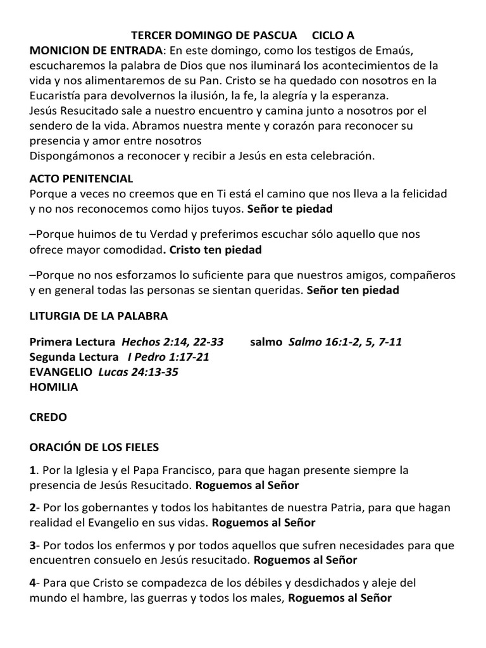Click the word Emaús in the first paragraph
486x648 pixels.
[x=387, y=51]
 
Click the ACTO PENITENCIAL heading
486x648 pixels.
[x=81, y=179]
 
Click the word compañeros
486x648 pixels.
[x=427, y=276]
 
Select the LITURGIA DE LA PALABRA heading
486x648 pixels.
[x=99, y=315]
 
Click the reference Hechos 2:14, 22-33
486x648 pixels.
[x=172, y=342]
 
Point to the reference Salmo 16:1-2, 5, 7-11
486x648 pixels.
[x=345, y=342]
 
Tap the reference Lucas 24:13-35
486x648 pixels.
[x=138, y=372]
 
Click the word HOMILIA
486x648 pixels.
[x=54, y=387]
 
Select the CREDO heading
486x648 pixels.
[x=48, y=418]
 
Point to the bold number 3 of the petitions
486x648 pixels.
[x=33, y=545]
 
